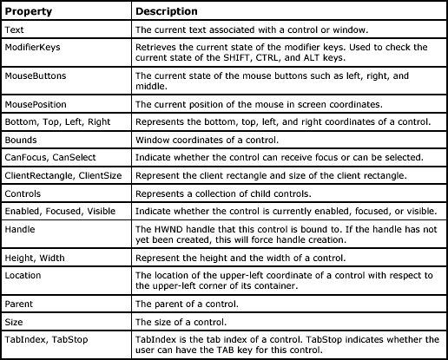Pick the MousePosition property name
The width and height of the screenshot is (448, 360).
tap(36, 103)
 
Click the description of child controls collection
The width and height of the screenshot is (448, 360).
tap(221, 192)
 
